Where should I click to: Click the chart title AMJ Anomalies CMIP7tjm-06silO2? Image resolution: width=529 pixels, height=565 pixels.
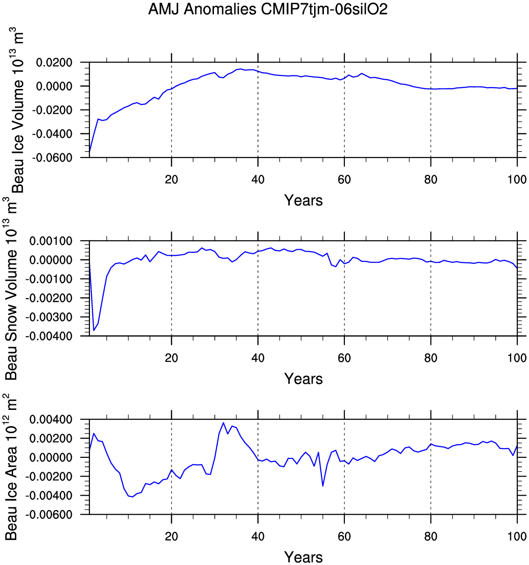click(268, 9)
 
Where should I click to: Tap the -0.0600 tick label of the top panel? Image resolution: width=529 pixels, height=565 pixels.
click(52, 158)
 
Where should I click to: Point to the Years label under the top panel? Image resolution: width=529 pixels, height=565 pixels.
click(303, 201)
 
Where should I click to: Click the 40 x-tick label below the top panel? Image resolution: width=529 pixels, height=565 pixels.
click(258, 180)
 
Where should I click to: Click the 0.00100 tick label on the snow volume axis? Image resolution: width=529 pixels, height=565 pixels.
click(51, 241)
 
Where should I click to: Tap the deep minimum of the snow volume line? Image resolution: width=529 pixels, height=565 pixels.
click(94, 330)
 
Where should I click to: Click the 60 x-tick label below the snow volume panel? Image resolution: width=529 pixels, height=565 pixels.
click(344, 358)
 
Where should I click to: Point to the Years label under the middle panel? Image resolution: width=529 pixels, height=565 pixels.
click(303, 379)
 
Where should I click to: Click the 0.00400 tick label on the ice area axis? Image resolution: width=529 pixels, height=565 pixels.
click(51, 420)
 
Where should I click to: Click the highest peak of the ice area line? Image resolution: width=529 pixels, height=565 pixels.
click(223, 423)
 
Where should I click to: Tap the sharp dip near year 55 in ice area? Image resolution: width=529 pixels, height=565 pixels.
click(323, 486)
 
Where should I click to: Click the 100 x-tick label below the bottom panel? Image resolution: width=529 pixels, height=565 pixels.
click(517, 537)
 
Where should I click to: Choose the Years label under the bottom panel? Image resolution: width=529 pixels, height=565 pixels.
click(303, 557)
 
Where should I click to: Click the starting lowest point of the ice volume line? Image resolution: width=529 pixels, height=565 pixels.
click(89, 152)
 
